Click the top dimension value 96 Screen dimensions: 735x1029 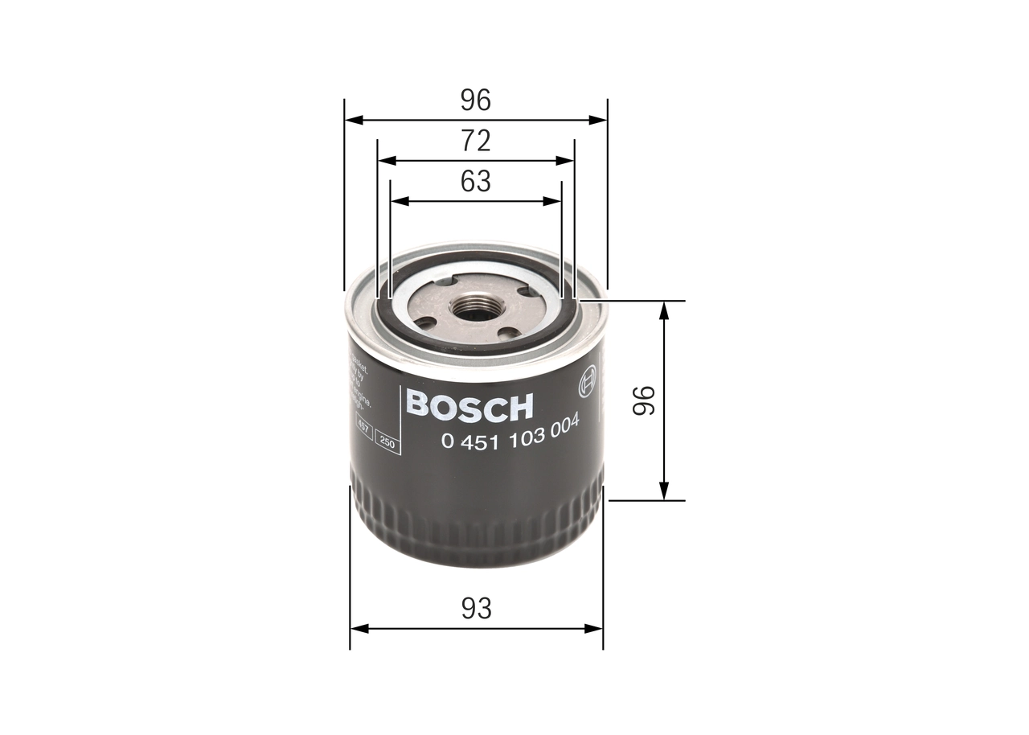pos(475,100)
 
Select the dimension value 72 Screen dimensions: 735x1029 pos(475,141)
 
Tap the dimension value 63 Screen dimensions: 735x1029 pos(475,182)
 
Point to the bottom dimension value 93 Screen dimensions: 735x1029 pos(476,608)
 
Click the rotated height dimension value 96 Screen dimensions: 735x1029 pos(644,400)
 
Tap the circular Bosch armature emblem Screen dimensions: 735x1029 pos(588,382)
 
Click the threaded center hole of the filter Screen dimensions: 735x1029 pos(475,307)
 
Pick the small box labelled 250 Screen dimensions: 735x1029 pos(388,445)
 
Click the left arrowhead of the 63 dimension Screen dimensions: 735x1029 pos(398,201)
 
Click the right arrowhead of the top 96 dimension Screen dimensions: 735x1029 pos(598,120)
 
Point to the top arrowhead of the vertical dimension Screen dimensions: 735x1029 pos(664,310)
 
